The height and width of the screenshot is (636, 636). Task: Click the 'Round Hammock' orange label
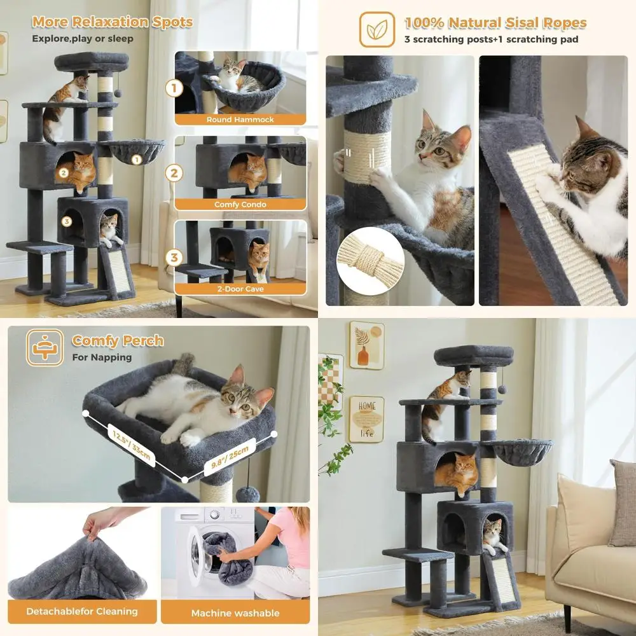click(240, 120)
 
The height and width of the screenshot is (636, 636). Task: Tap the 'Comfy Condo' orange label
click(240, 205)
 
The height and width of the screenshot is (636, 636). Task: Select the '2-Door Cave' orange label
click(240, 289)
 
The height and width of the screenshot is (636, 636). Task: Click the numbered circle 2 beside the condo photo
click(174, 172)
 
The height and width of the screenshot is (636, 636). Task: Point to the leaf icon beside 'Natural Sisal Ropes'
click(377, 29)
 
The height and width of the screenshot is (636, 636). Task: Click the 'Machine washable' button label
click(235, 613)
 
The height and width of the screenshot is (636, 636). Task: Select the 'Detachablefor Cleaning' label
click(82, 611)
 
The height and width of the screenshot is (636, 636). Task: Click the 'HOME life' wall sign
click(366, 419)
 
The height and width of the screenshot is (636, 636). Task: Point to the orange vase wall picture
click(366, 345)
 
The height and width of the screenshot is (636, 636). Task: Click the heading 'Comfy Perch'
click(118, 341)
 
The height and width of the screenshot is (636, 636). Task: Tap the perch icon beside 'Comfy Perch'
click(45, 347)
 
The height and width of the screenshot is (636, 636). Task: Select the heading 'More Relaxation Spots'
click(112, 22)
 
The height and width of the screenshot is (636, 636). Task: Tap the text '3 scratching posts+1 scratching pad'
click(491, 39)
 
